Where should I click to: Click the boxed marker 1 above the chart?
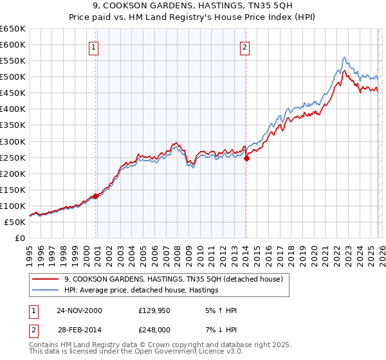pos(94,47)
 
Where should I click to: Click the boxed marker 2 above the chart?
pos(245,47)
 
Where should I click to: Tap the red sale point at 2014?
pos(246,158)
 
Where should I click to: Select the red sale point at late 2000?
pos(96,196)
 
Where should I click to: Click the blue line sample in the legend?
pos(46,291)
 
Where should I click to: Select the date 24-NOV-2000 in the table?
pos(79,310)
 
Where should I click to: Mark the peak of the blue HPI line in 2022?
pos(345,57)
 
